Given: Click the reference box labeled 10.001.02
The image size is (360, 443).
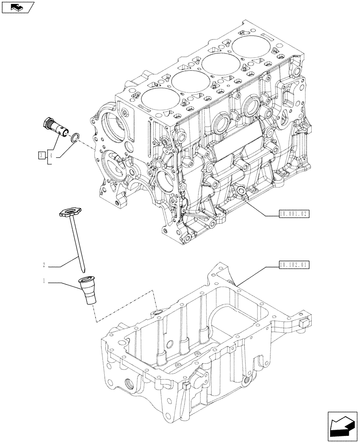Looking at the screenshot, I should point(294,214).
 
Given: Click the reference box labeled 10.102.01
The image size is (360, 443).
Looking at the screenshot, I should point(294,265).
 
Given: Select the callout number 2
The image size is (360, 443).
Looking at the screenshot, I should point(44,266).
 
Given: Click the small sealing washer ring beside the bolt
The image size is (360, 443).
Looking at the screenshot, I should point(75,138).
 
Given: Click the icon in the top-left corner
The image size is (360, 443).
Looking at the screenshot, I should point(18,7).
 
